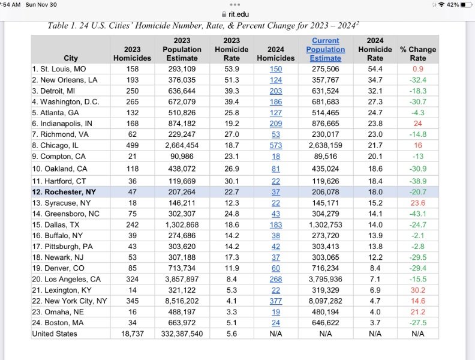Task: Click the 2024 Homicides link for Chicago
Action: click(276, 145)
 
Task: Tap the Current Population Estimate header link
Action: click(326, 49)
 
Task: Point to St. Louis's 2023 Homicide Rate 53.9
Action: click(232, 69)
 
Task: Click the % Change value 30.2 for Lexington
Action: click(418, 290)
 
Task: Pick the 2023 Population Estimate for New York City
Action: click(182, 301)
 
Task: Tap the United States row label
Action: click(55, 333)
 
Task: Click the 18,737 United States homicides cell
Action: click(132, 333)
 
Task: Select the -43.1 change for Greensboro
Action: click(418, 213)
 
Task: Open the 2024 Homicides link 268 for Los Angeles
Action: click(276, 279)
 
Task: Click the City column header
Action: click(71, 58)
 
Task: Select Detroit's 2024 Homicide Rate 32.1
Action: click(375, 91)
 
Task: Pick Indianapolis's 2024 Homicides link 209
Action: click(276, 123)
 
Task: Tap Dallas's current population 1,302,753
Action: click(326, 224)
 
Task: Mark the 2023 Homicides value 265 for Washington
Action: click(132, 101)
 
